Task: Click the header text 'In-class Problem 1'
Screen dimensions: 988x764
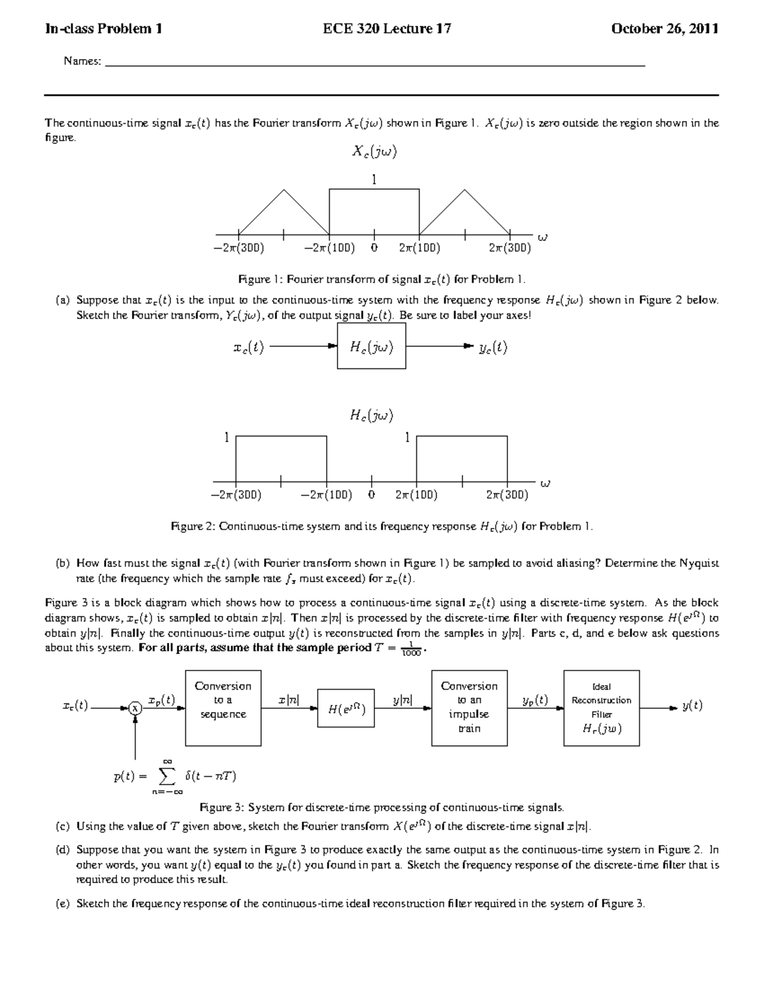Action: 103,29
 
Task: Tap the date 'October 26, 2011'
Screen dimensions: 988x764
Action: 665,29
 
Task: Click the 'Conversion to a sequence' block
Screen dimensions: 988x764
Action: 223,707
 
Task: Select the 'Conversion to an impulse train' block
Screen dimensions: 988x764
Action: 469,707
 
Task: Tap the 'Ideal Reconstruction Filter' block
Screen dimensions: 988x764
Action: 602,707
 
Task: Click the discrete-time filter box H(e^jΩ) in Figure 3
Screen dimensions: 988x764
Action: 346,707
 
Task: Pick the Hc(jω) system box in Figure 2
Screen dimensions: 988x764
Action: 372,347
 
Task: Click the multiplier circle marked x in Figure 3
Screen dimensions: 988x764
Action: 135,707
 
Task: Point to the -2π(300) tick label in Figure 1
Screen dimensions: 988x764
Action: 239,248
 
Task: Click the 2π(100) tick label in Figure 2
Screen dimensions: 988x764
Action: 416,495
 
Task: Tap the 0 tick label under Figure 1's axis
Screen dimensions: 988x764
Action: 374,248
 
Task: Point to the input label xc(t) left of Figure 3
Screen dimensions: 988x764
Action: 75,706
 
